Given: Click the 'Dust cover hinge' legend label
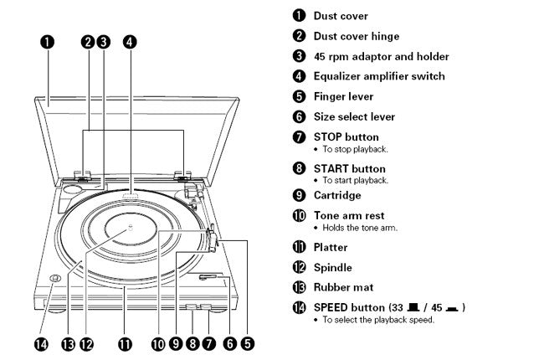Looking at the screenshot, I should point(357,36).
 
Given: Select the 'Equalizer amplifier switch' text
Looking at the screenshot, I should point(379,76).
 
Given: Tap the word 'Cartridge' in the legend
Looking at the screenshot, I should point(337,195).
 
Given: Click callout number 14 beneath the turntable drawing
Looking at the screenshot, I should point(46,342).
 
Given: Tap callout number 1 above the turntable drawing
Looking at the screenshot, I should point(48,40).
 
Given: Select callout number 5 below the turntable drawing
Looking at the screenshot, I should point(247,342).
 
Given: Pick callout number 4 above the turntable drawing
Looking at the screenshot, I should point(130,40).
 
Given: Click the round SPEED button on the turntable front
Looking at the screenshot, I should point(52,280).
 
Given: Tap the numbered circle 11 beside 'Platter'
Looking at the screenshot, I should point(299,247).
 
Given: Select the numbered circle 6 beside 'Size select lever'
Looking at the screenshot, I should point(299,116).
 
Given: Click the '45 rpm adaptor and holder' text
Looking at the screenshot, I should point(381,56).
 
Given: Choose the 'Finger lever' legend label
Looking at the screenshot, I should point(343,96).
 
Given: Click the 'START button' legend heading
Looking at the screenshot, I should point(350,168).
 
